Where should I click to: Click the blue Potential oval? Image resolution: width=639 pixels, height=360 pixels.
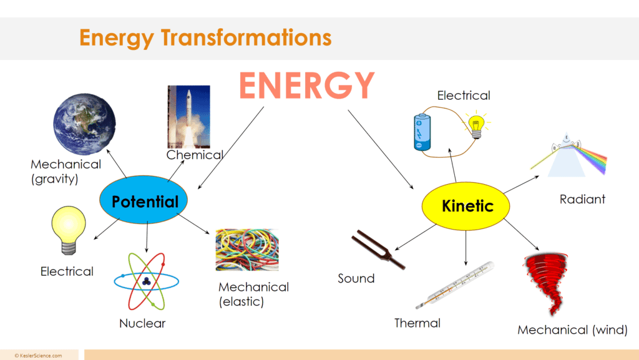(144, 200)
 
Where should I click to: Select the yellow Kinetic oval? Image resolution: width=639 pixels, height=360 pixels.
(466, 206)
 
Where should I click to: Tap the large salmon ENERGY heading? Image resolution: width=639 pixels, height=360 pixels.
(306, 85)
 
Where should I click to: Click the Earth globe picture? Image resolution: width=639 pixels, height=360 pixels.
(84, 124)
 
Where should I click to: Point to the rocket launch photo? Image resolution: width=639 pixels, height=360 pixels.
(188, 117)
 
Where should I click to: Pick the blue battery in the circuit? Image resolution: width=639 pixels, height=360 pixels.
(422, 133)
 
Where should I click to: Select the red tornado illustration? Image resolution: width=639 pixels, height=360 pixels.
(546, 283)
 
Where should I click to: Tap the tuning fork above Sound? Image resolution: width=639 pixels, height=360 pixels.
(378, 250)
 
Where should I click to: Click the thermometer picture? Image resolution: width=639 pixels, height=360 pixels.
(455, 285)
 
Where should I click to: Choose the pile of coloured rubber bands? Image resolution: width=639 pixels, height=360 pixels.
(247, 250)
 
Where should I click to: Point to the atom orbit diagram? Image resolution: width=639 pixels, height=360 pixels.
(146, 281)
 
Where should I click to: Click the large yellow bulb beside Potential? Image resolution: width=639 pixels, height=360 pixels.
(69, 230)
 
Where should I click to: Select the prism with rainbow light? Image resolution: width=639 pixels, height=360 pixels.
(569, 155)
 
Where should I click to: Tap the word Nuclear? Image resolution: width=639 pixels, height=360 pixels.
(142, 323)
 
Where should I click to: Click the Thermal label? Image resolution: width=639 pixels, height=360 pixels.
(417, 323)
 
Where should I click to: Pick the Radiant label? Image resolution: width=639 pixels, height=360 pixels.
(582, 199)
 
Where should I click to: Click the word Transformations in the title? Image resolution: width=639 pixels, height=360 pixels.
(246, 37)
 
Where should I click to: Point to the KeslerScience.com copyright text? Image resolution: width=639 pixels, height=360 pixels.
(38, 356)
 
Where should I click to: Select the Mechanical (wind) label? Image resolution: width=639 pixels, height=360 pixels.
(573, 330)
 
